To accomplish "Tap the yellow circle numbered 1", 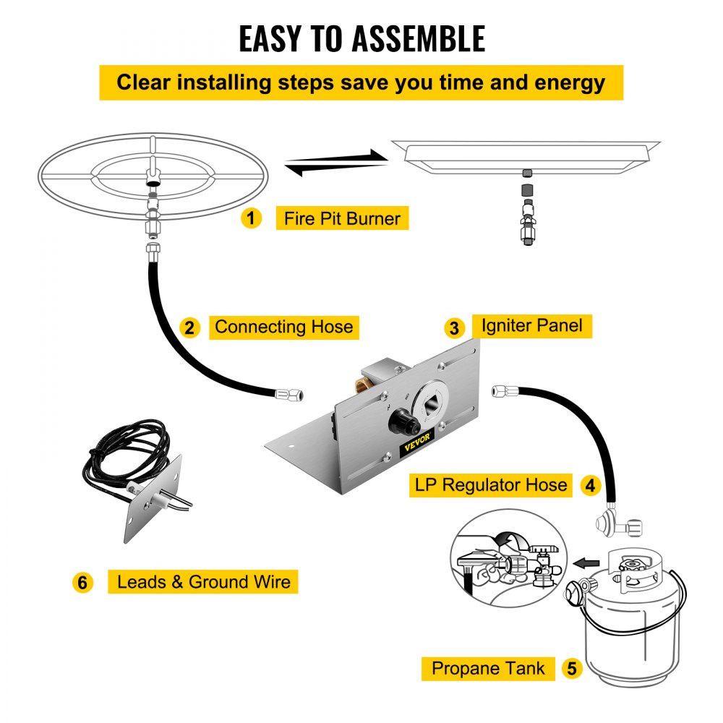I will pyautogui.click(x=251, y=218).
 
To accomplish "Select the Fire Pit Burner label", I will pyautogui.click(x=342, y=218).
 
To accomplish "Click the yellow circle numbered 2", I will pyautogui.click(x=189, y=328).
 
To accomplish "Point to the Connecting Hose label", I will pyautogui.click(x=283, y=327).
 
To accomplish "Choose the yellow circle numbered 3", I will pyautogui.click(x=454, y=328).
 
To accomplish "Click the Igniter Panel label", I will pyautogui.click(x=531, y=325).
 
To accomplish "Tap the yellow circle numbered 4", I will pyautogui.click(x=591, y=486).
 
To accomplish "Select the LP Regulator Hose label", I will pyautogui.click(x=491, y=484).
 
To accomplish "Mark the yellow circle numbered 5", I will pyautogui.click(x=572, y=669).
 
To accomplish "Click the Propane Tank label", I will pyautogui.click(x=488, y=668).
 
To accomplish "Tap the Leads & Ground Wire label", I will pyautogui.click(x=203, y=581).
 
